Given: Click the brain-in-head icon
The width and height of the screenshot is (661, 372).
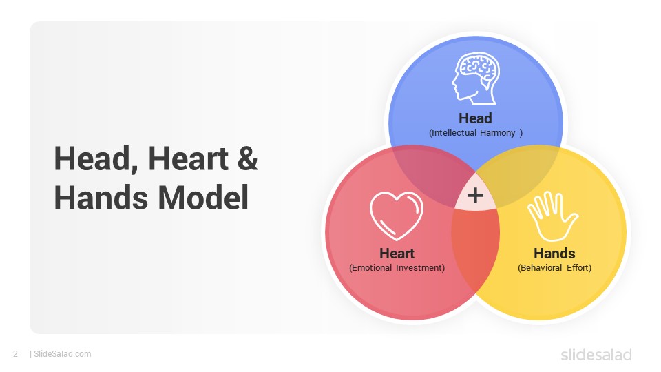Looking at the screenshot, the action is coord(476,79).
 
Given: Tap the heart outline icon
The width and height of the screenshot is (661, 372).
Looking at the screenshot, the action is coord(397,216).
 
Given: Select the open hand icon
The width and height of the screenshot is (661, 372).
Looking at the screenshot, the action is coord(553,216).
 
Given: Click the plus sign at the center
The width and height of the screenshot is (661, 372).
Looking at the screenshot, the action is coord(476,195).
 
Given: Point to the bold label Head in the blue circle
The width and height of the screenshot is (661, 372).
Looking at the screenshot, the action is coord(475,118).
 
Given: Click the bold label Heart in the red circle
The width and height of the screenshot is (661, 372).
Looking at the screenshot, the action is coord(397,253).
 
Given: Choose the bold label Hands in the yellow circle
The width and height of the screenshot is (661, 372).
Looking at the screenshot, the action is coord(554,253).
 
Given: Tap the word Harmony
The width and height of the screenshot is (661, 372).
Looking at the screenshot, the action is coord(498,133).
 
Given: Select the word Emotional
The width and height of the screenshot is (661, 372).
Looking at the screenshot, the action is coord(370,268).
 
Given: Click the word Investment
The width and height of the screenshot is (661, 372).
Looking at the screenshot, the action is coord(420,268).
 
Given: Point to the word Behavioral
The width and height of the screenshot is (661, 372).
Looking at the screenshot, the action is coord(540,268).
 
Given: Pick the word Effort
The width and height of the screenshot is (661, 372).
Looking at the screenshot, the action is coord(579,268).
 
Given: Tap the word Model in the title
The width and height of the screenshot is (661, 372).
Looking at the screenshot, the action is coord(203,198).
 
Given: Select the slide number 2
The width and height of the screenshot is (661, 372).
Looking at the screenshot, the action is coord(16,354).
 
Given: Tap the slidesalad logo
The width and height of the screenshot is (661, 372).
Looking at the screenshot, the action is coord(596,354).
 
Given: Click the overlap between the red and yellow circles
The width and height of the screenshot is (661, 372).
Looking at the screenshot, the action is coord(476,249).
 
